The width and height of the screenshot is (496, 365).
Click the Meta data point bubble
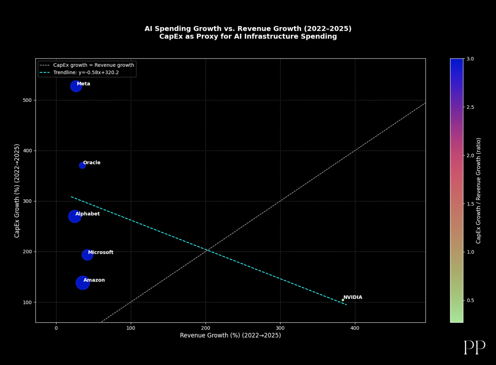[76, 86]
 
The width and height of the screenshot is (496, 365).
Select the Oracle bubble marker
[82, 165]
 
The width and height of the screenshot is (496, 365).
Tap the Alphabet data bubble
[75, 217]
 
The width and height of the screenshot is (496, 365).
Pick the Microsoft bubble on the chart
[87, 255]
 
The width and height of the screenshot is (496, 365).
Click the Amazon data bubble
[83, 283]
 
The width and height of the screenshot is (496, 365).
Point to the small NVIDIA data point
[343, 300]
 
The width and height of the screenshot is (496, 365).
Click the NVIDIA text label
[353, 297]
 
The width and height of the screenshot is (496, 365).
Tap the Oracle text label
[92, 163]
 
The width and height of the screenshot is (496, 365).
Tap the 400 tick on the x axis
[355, 328]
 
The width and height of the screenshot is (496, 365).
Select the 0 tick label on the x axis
[56, 328]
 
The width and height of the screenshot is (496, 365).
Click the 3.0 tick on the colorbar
[470, 59]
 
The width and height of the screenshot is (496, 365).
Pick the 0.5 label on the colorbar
[470, 300]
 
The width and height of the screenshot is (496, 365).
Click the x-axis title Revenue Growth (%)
[230, 336]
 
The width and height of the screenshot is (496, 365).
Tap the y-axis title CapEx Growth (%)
[17, 191]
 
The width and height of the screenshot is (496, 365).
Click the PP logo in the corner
[474, 347]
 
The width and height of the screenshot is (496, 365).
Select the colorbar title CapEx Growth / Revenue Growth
[478, 191]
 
